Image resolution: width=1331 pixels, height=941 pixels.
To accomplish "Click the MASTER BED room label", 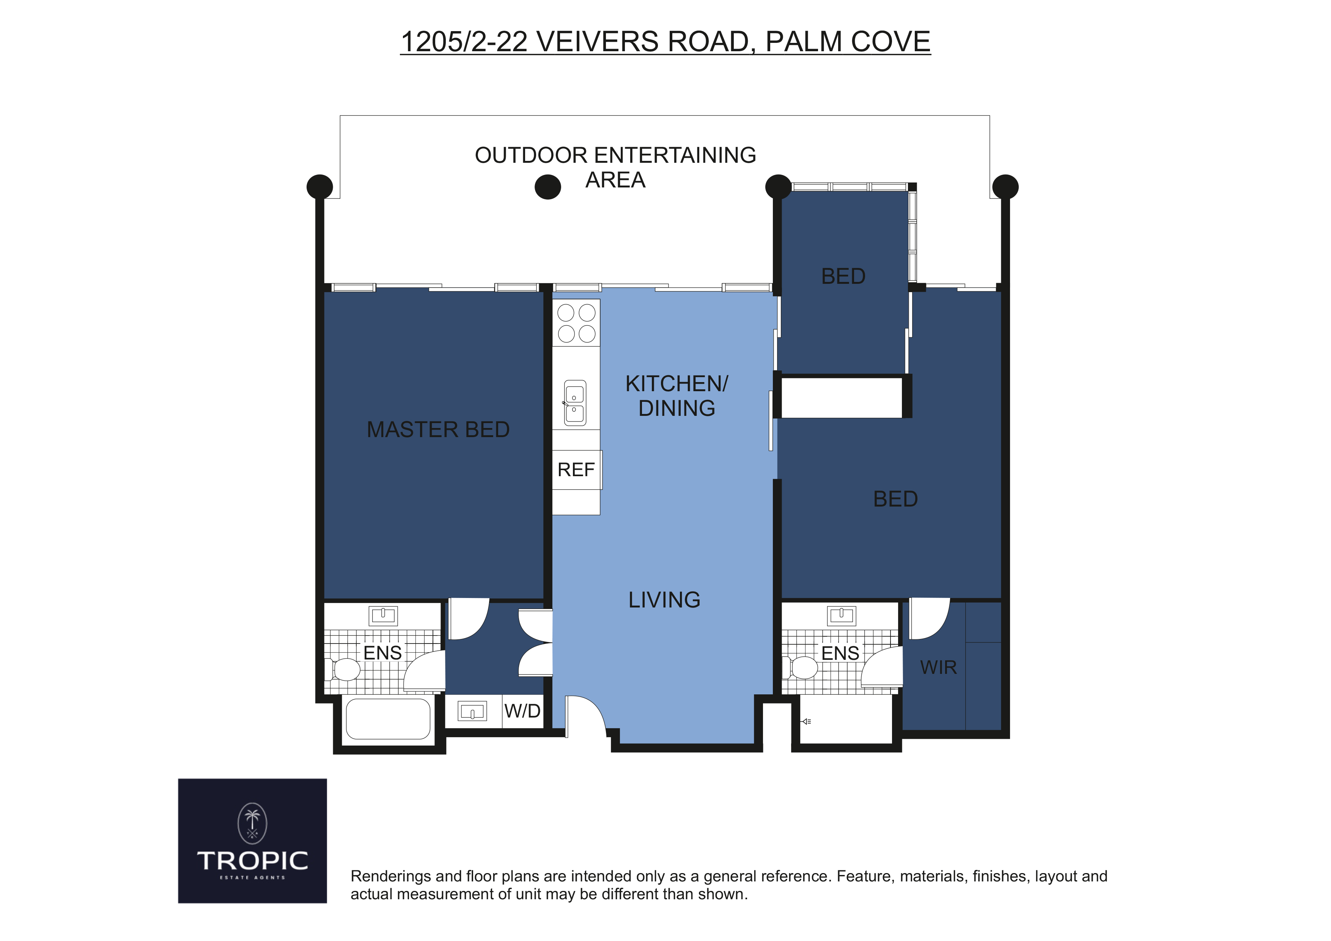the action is (x=438, y=430).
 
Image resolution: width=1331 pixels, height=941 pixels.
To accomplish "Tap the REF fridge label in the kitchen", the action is (x=576, y=470).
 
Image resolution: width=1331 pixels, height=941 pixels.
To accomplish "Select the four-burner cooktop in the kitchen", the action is (x=576, y=323).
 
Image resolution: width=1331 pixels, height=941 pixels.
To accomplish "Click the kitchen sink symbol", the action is (x=575, y=403).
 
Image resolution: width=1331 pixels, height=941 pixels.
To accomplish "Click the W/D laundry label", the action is (x=522, y=711).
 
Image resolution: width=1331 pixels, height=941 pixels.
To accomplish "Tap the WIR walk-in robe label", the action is (x=939, y=667).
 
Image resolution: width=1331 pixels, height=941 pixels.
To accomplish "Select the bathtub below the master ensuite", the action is (x=388, y=718).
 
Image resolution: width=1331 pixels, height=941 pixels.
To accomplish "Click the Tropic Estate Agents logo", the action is (x=252, y=841).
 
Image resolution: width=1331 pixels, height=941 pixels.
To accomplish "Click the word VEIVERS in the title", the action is (x=598, y=42).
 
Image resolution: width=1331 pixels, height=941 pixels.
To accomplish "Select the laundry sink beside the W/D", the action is (x=472, y=711).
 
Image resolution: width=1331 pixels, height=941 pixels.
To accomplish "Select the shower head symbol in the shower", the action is (x=806, y=722).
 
